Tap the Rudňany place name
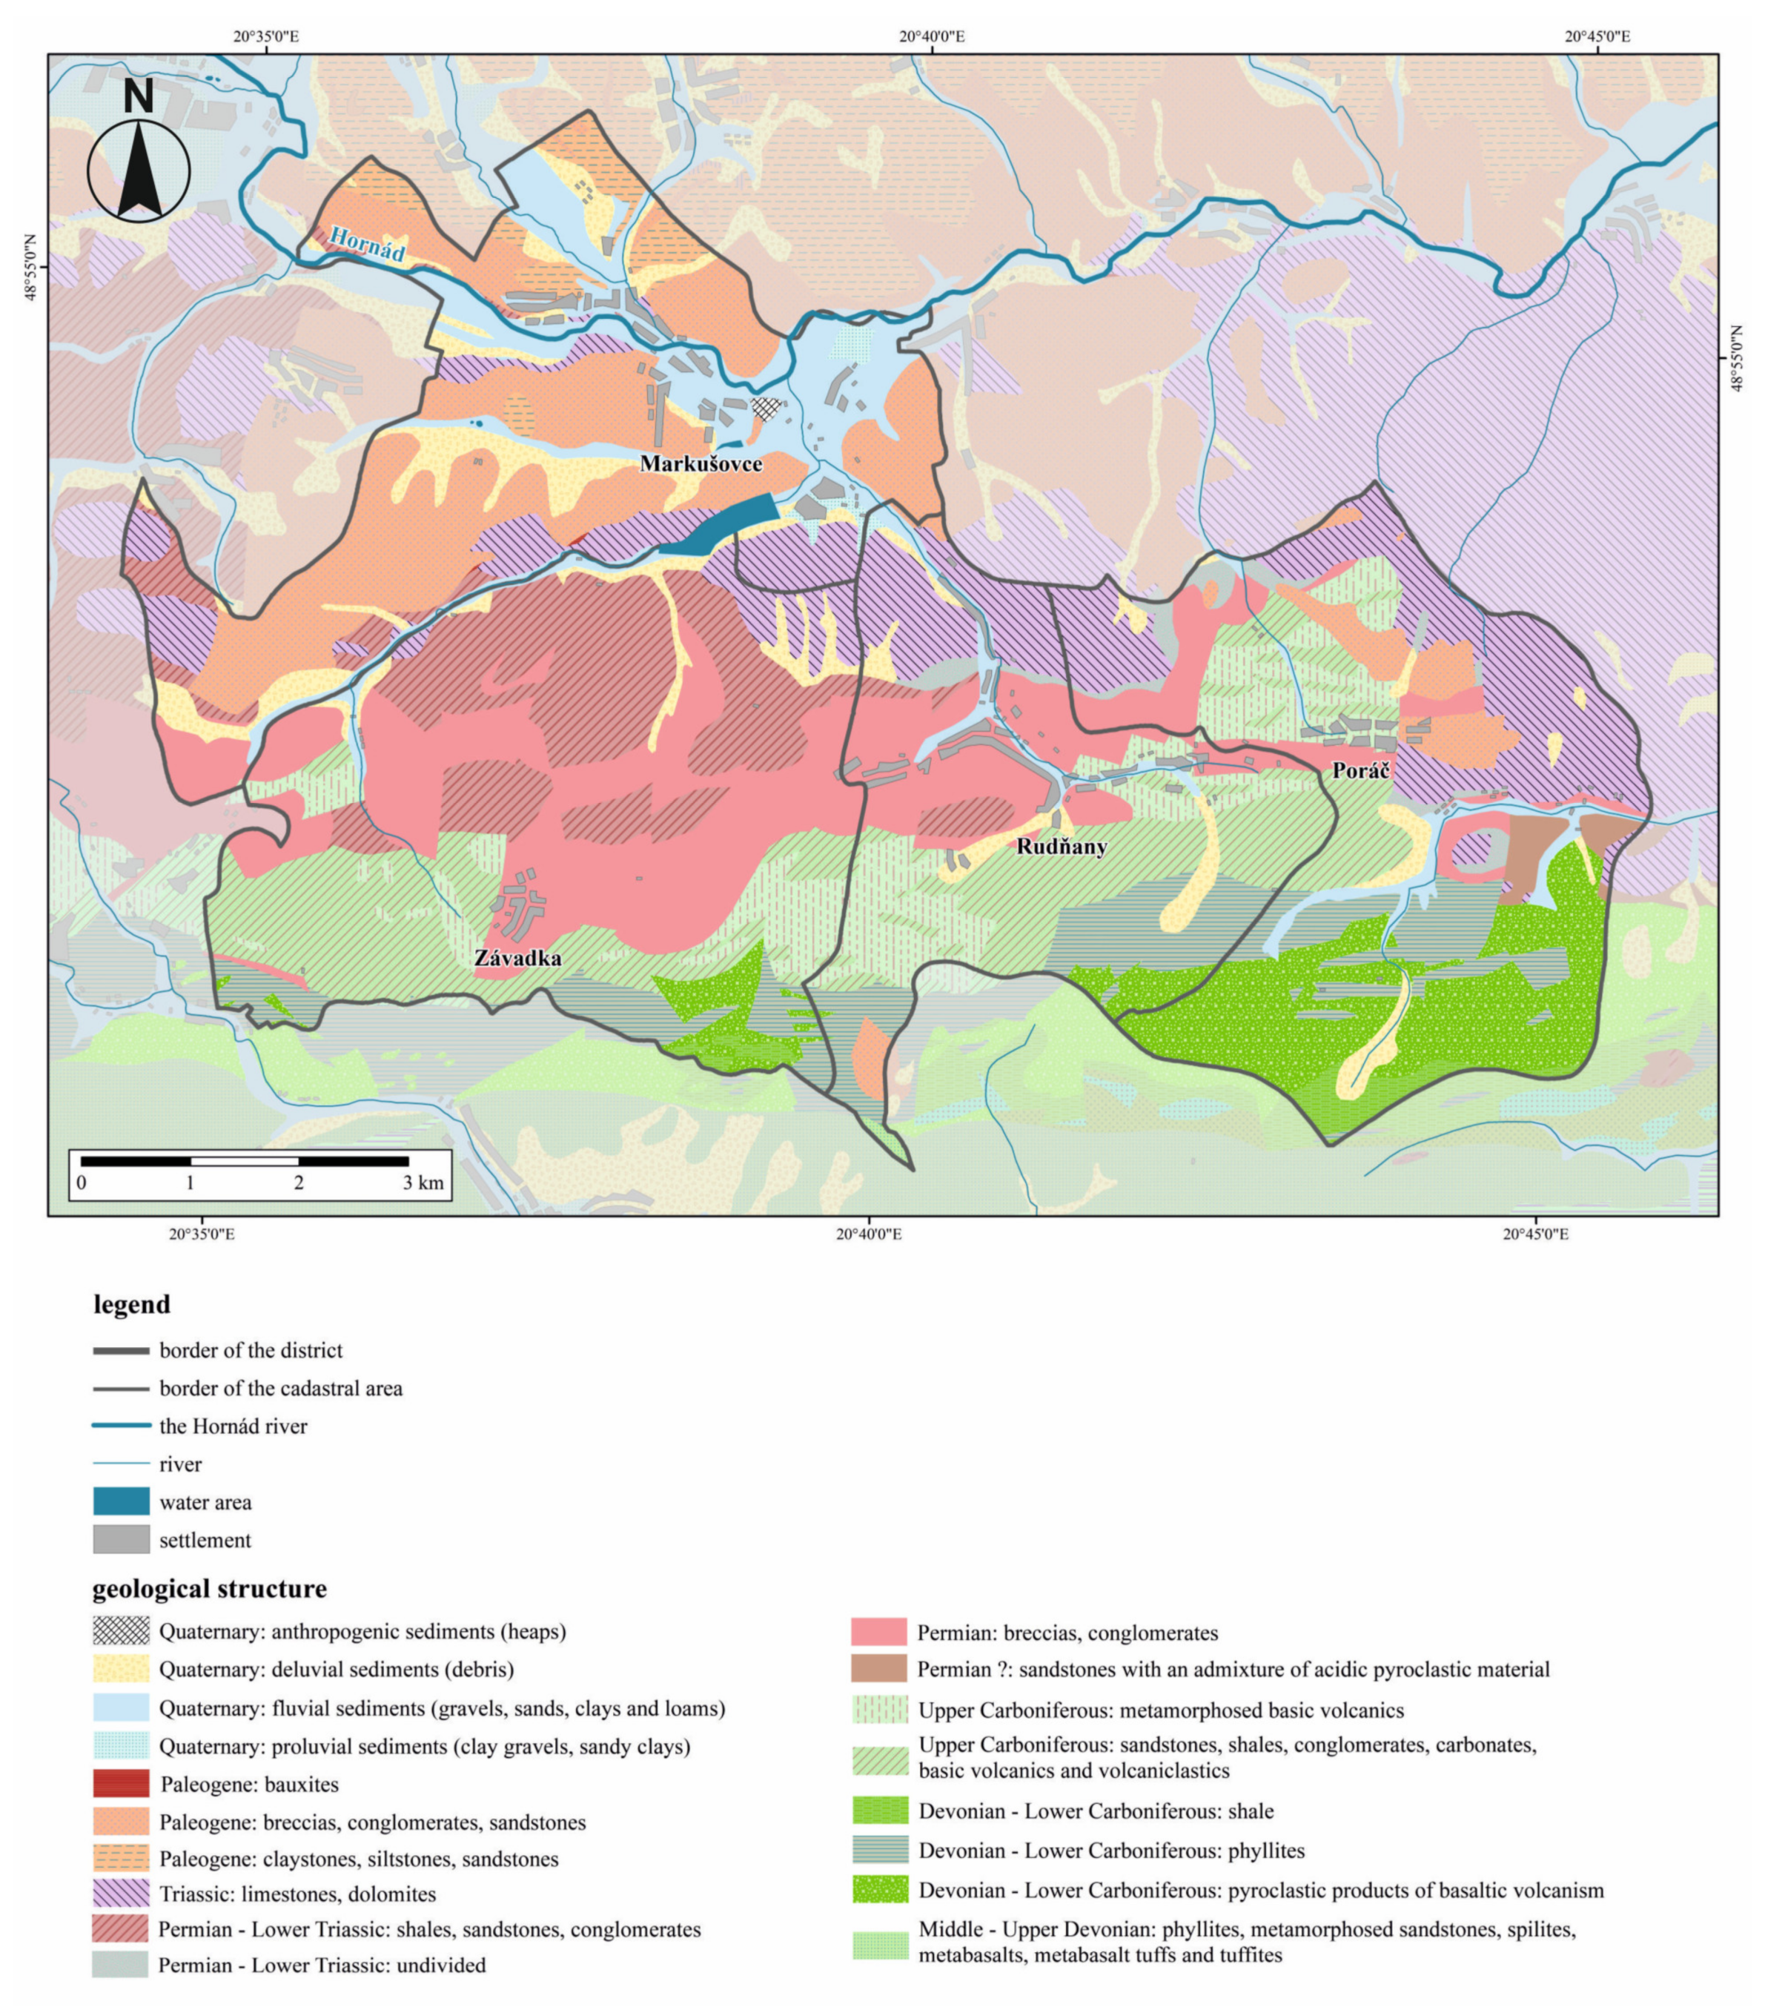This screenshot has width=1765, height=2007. click(1062, 847)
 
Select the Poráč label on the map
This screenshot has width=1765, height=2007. click(1360, 771)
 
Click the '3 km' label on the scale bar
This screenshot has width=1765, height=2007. click(423, 1183)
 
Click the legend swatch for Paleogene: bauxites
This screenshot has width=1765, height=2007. click(121, 1784)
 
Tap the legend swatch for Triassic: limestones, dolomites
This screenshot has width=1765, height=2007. click(121, 1893)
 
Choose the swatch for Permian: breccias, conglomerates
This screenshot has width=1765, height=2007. click(878, 1632)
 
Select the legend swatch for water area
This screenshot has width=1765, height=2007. click(121, 1502)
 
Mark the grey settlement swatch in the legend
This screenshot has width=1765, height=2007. click(121, 1540)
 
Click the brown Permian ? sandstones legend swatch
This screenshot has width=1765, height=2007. click(878, 1669)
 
